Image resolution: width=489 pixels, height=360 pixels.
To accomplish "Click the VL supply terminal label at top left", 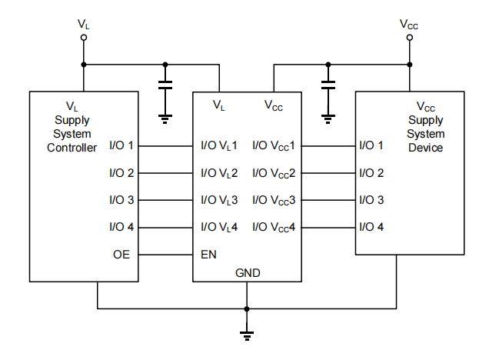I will (82, 24).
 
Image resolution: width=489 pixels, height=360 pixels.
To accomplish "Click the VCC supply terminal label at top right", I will (409, 24).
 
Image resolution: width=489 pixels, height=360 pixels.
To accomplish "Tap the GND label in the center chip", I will (246, 272).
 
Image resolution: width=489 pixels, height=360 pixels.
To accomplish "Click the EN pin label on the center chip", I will (208, 253).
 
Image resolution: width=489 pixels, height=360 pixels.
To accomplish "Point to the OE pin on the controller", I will (121, 253).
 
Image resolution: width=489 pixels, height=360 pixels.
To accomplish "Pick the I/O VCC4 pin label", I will (273, 227).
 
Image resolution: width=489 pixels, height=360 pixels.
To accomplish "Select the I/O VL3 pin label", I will (219, 200).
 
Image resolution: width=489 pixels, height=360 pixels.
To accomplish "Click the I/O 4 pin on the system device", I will (371, 227).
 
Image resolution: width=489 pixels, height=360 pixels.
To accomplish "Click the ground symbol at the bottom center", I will (246, 333).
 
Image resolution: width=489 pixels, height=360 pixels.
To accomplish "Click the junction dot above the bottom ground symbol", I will (246, 308).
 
